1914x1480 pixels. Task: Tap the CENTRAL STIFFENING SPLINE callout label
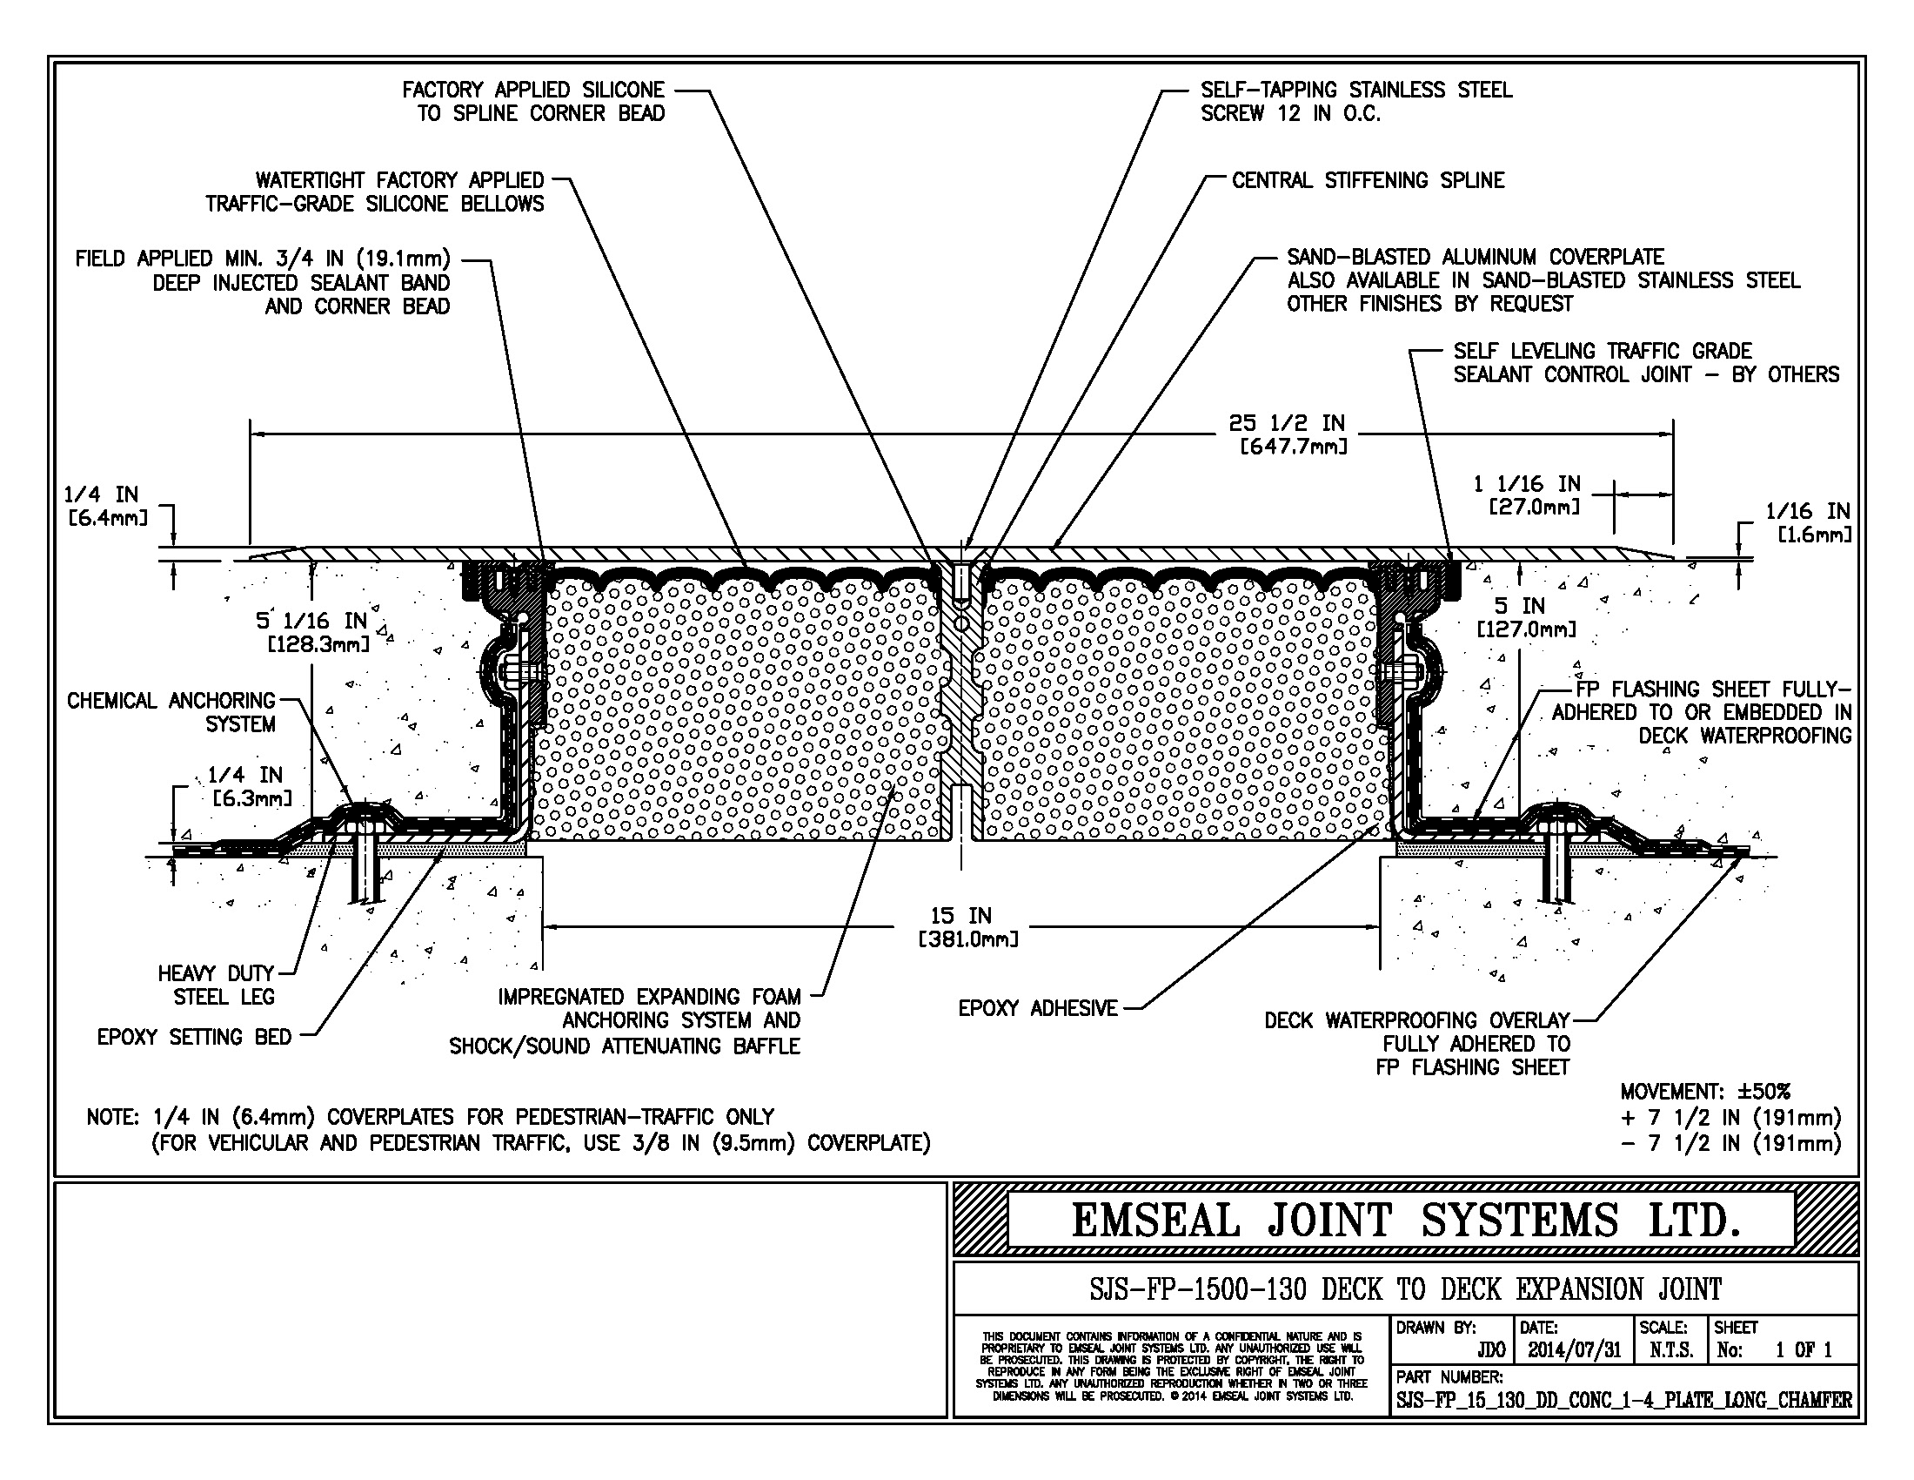pos(1367,180)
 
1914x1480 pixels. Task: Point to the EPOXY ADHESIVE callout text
pos(1038,1008)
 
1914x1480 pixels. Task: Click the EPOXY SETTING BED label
pos(194,1037)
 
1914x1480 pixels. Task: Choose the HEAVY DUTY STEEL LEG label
pos(217,985)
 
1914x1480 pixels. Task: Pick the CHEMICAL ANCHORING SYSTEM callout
pos(171,712)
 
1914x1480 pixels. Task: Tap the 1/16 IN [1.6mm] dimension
pos(1807,521)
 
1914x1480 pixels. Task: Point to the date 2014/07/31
pos(1575,1350)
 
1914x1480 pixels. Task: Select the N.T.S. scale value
pos(1670,1350)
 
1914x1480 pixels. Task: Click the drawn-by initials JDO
pos(1490,1350)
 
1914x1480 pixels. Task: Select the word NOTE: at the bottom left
pos(111,1117)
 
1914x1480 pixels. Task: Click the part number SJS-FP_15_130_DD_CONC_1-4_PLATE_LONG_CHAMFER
pos(1624,1400)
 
